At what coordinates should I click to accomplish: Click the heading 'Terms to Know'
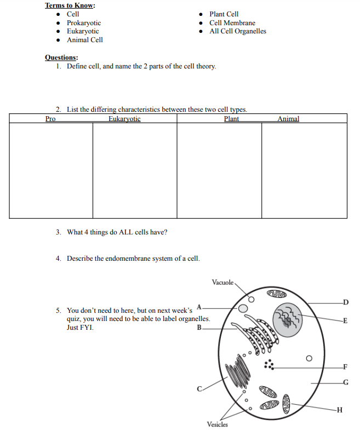pyautogui.click(x=70, y=5)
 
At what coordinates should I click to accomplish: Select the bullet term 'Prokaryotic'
pyautogui.click(x=83, y=23)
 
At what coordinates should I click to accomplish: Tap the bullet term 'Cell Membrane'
pyautogui.click(x=232, y=23)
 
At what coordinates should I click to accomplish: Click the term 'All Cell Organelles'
pyautogui.click(x=237, y=31)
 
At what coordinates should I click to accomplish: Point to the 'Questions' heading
pyautogui.click(x=61, y=58)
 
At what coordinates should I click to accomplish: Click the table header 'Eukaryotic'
pyautogui.click(x=124, y=119)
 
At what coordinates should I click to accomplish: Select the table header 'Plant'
pyautogui.click(x=232, y=119)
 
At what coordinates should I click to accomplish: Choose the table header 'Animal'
pyautogui.click(x=288, y=119)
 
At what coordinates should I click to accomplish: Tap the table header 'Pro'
pyautogui.click(x=50, y=119)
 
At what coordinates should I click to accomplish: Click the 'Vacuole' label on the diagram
pyautogui.click(x=222, y=283)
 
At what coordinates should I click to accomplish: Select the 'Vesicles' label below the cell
pyautogui.click(x=217, y=425)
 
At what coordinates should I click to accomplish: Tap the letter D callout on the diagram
pyautogui.click(x=345, y=302)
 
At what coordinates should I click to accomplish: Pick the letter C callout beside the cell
pyautogui.click(x=200, y=389)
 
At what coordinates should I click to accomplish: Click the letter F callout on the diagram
pyautogui.click(x=345, y=366)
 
